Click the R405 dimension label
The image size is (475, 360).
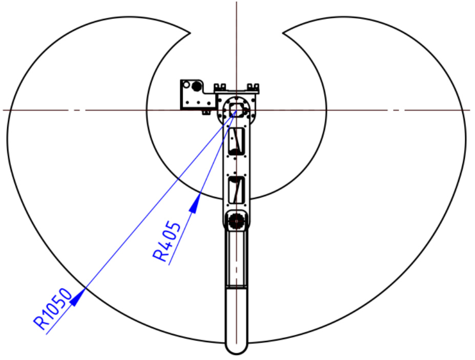pyautogui.click(x=167, y=241)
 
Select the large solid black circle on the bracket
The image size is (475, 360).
pyautogui.click(x=196, y=87)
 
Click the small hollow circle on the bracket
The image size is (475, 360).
pyautogui.click(x=187, y=85)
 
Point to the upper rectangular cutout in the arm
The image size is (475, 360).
pyautogui.click(x=236, y=141)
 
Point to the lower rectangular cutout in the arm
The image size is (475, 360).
pyautogui.click(x=236, y=190)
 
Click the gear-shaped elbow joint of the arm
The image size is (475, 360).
pyautogui.click(x=236, y=221)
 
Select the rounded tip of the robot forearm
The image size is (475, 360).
pyautogui.click(x=236, y=345)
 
